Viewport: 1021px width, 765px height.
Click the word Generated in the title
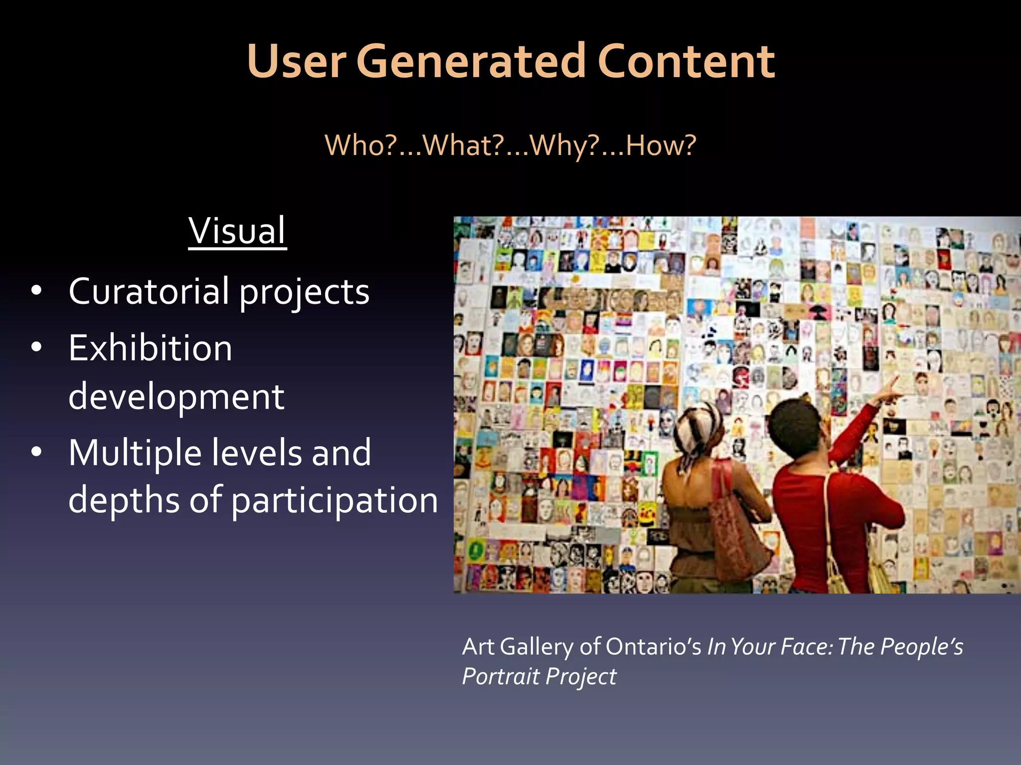click(470, 62)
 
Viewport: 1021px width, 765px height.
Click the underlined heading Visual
click(237, 231)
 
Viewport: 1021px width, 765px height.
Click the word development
click(176, 397)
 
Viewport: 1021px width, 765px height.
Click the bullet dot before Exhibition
click(36, 347)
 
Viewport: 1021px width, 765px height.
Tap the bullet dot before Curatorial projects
click(36, 290)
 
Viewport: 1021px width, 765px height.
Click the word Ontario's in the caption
click(653, 647)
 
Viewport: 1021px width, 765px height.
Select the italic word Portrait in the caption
click(501, 676)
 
